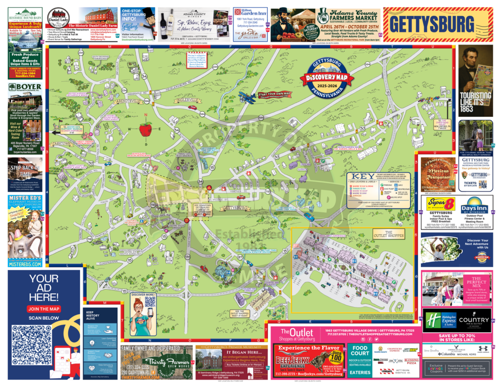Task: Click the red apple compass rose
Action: (x=145, y=130)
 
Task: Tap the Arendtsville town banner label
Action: (x=128, y=101)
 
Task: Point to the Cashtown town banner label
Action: (x=58, y=144)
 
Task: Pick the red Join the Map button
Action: (x=44, y=309)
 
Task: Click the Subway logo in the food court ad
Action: (x=410, y=350)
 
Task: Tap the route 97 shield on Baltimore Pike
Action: (x=240, y=257)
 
